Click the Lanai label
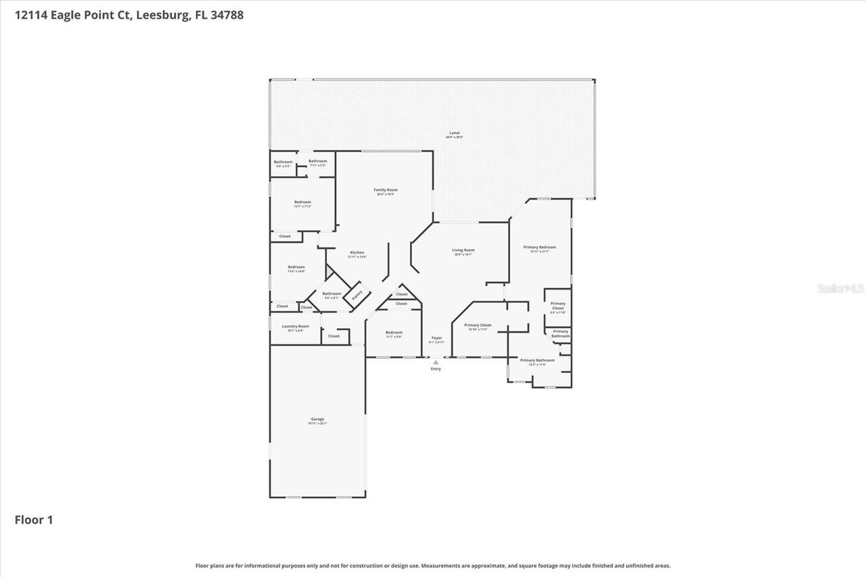click(x=454, y=133)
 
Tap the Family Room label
click(x=386, y=190)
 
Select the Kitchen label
click(x=357, y=252)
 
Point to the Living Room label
click(x=463, y=250)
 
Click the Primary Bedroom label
click(x=539, y=248)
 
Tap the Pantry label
click(x=357, y=294)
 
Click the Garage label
click(x=317, y=419)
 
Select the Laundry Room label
click(x=295, y=326)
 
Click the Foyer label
click(x=437, y=338)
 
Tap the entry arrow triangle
click(x=436, y=362)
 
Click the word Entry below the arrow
click(x=436, y=369)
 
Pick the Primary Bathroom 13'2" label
click(x=537, y=361)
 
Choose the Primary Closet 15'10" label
click(x=478, y=325)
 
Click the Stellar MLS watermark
click(x=840, y=289)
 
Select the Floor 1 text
click(x=34, y=520)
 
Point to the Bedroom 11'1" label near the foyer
click(x=394, y=333)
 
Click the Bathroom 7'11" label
click(x=317, y=161)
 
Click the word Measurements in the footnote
click(x=445, y=566)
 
